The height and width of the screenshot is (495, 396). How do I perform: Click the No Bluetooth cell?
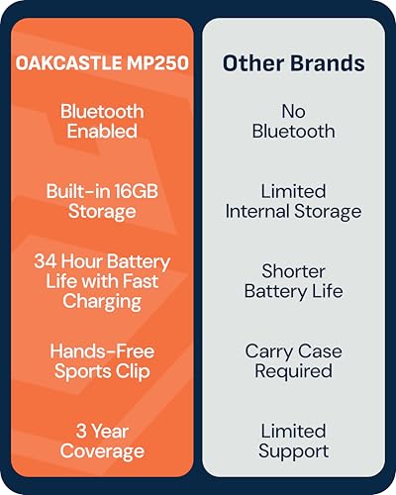[293, 121]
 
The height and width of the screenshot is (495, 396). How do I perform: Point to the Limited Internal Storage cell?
[293, 201]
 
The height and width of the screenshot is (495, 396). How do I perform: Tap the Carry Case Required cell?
[293, 361]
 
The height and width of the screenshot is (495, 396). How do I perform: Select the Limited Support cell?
[293, 441]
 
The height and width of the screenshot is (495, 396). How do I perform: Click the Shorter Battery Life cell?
[293, 281]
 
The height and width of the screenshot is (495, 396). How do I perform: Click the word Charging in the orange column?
[104, 300]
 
